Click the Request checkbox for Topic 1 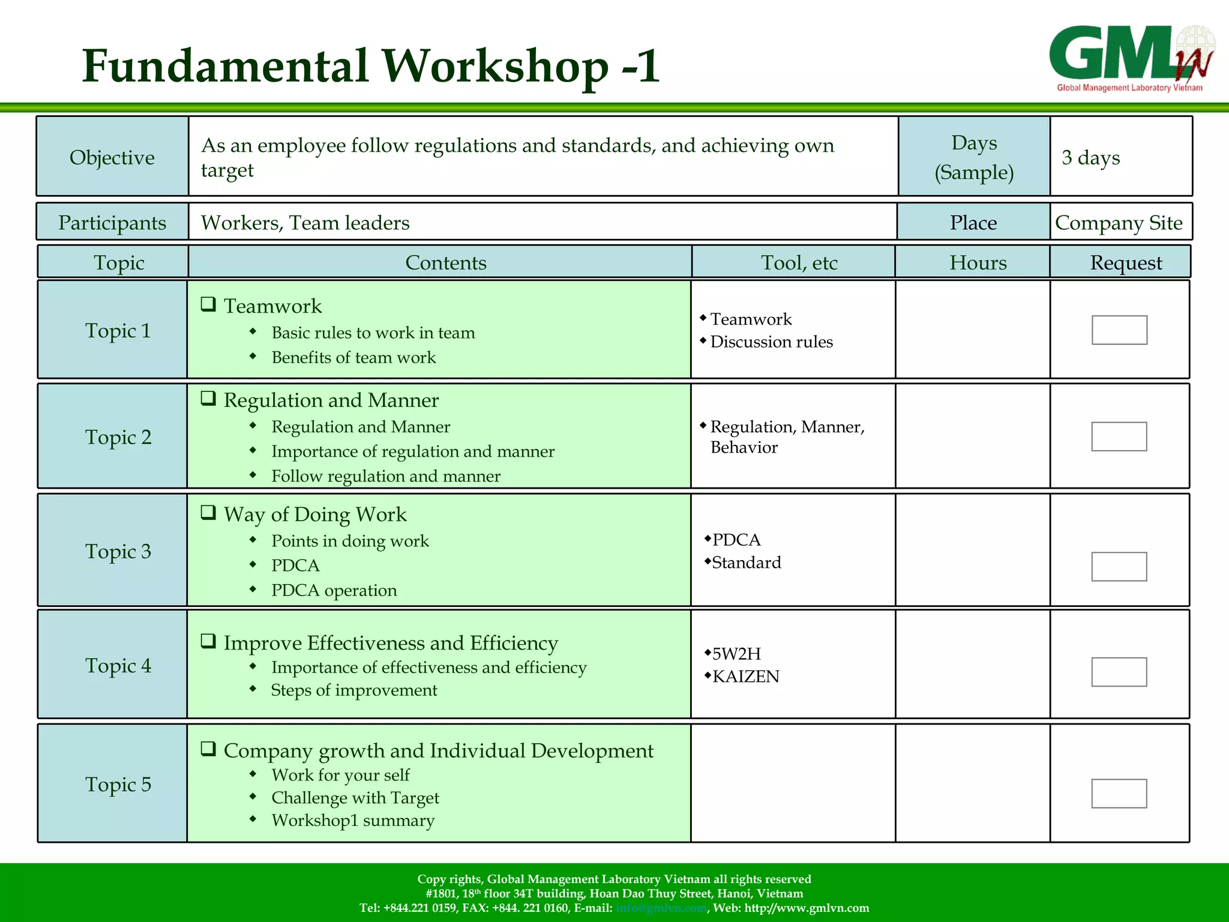point(1119,330)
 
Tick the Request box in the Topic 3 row point(1119,567)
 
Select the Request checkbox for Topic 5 point(1119,794)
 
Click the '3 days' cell point(1090,157)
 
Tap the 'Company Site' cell point(1119,223)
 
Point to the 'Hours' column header point(978,262)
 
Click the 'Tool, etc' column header point(799,262)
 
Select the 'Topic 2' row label point(118,437)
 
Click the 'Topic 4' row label point(118,665)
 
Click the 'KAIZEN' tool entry point(745,676)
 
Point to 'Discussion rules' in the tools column point(771,342)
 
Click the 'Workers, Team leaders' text point(305,223)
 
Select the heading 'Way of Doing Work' point(314,514)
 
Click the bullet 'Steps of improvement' point(354,690)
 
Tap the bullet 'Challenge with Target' point(355,798)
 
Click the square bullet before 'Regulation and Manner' point(208,399)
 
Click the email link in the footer point(661,908)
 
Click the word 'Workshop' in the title point(496,66)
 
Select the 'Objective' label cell point(112,157)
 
